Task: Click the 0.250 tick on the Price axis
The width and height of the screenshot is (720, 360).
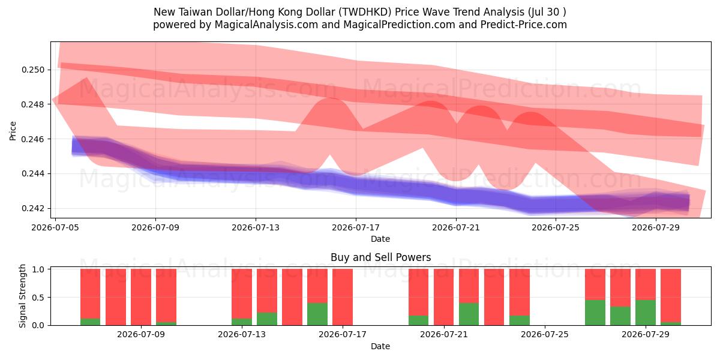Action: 33,70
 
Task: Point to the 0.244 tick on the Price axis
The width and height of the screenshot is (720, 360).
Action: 33,173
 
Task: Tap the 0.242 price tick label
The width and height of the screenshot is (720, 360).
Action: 33,208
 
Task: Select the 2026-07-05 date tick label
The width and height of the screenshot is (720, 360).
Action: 55,227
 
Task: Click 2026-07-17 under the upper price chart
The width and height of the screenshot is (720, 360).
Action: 355,227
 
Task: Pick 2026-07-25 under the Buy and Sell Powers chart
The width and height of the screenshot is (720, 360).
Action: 545,335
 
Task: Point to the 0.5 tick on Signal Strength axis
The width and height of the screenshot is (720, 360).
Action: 39,298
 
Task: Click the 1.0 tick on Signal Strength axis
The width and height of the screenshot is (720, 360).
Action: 39,269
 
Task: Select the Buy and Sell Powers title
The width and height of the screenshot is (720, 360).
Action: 380,257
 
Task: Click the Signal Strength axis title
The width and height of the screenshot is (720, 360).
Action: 22,296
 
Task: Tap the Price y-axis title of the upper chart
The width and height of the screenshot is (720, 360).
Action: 13,131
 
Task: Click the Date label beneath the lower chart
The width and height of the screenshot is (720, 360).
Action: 380,346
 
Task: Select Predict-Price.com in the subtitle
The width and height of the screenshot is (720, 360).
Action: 524,25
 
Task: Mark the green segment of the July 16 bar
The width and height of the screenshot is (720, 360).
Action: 317,314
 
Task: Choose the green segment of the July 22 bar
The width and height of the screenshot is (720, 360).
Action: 469,314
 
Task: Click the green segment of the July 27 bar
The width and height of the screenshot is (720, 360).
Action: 595,313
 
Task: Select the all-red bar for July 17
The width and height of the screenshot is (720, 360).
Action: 343,297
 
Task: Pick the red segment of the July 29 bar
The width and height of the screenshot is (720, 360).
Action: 646,284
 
